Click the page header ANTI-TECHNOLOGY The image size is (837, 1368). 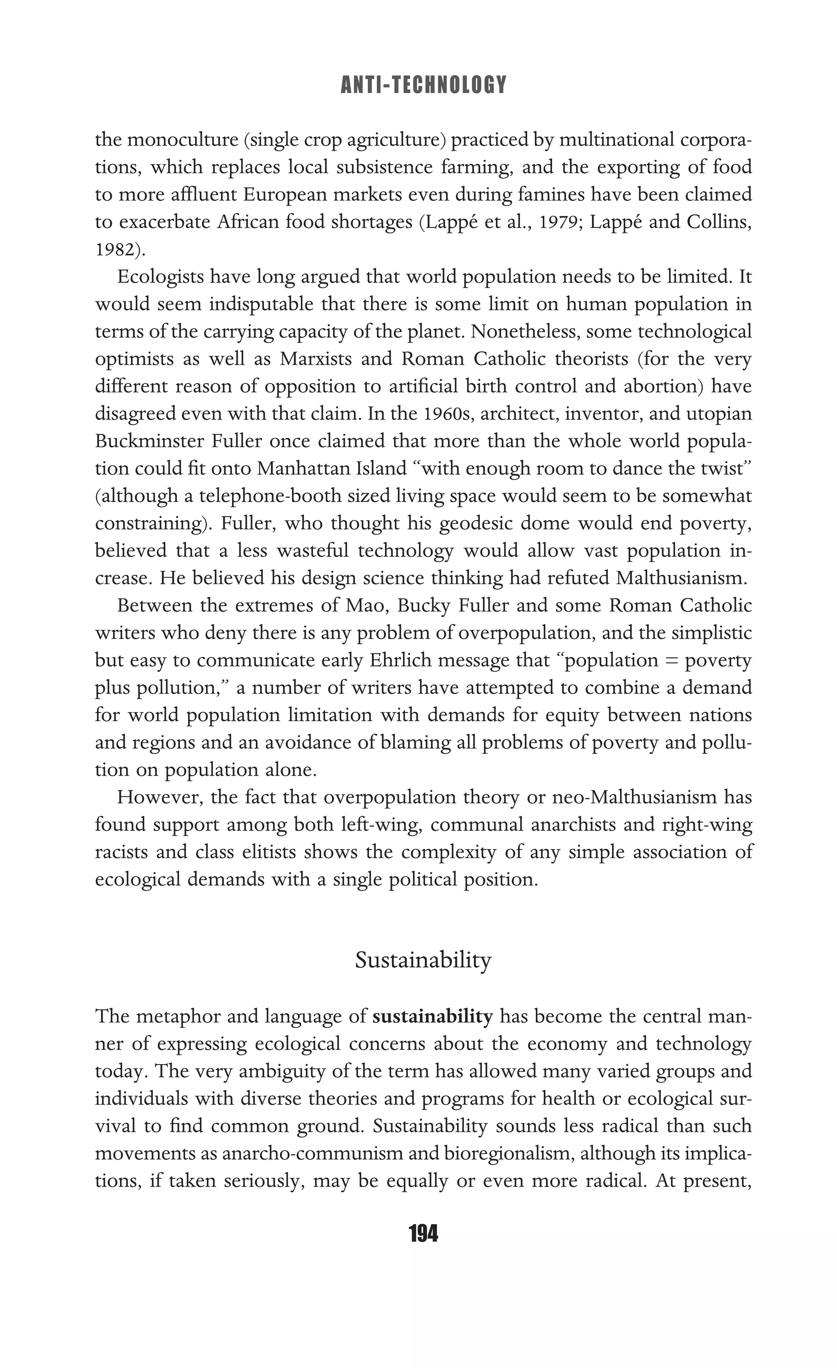(x=423, y=85)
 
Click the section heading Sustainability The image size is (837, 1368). (x=423, y=960)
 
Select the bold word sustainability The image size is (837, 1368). (x=432, y=1017)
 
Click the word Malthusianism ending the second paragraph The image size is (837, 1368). (x=681, y=578)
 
